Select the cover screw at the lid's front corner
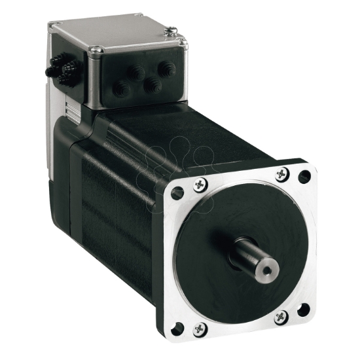96,49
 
